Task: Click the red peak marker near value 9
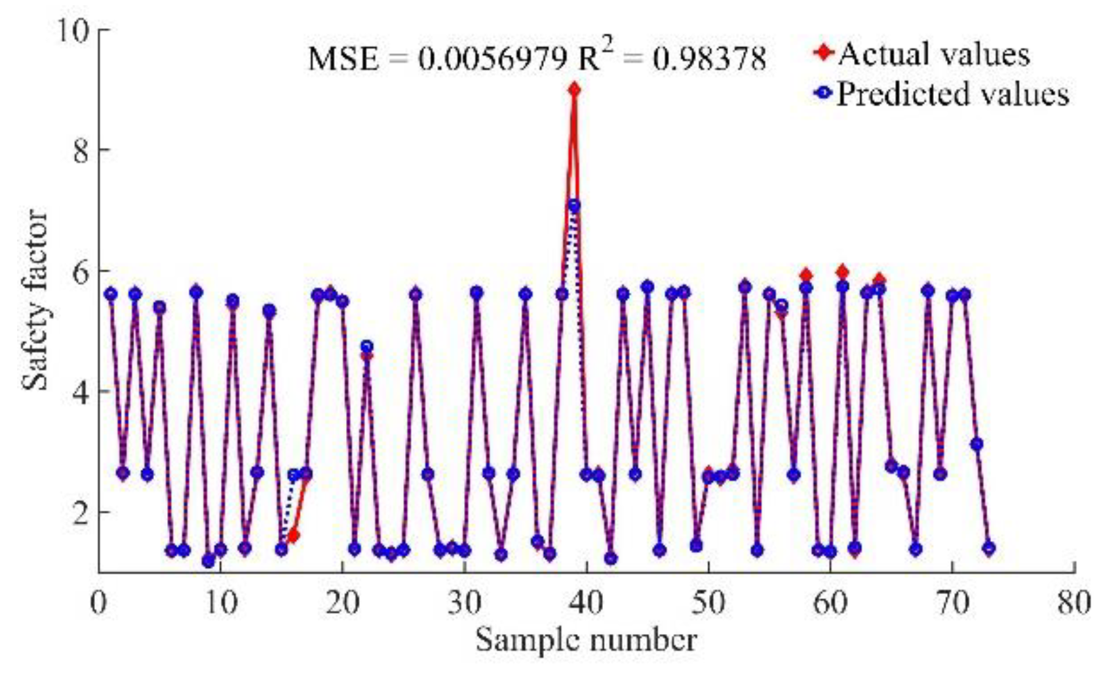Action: pos(574,89)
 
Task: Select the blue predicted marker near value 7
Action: pos(574,206)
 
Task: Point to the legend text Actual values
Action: pos(933,54)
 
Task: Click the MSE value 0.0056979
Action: pos(492,60)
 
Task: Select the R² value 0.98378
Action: pos(709,60)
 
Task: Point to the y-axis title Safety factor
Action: pos(36,301)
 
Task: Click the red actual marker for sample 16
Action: pos(293,536)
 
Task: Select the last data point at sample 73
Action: pos(989,548)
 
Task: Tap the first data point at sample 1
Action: pos(111,294)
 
